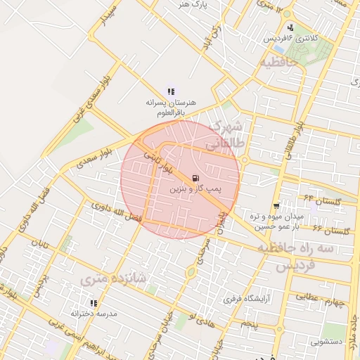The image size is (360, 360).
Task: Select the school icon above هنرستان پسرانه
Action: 171,91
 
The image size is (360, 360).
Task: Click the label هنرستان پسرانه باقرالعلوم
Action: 171,106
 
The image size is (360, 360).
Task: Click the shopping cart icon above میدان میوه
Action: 277,206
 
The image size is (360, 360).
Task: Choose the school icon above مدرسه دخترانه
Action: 91,304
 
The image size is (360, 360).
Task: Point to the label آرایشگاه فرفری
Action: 247,299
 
